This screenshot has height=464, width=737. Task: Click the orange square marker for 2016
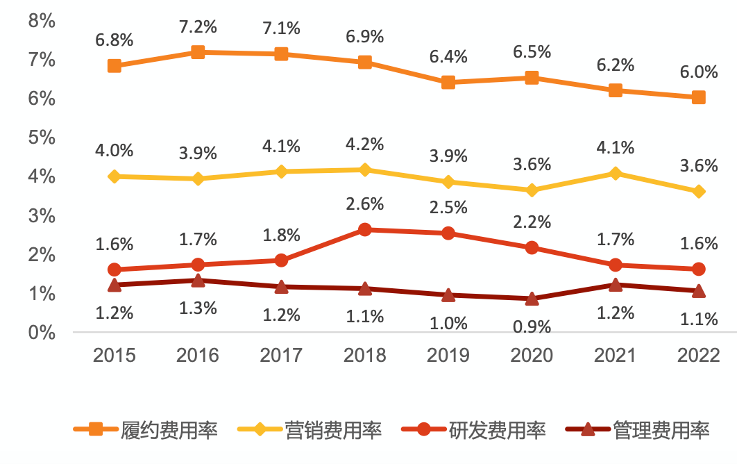198,52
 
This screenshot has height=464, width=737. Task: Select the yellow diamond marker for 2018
365,169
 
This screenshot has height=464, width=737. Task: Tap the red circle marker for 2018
365,229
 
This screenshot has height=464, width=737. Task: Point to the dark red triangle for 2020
532,299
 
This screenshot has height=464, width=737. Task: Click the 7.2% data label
198,27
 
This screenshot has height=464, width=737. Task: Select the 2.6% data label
365,205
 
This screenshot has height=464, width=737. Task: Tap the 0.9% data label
532,326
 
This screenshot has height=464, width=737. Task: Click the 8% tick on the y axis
41,21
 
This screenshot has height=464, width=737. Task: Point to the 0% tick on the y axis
41,332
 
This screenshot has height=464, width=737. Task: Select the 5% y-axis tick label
41,138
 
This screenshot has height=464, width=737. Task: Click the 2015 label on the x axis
115,355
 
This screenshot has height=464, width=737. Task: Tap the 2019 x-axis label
448,355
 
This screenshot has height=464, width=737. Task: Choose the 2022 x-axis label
698,355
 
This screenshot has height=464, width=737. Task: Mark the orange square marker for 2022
698,97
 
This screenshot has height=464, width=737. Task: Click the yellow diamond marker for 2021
615,173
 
